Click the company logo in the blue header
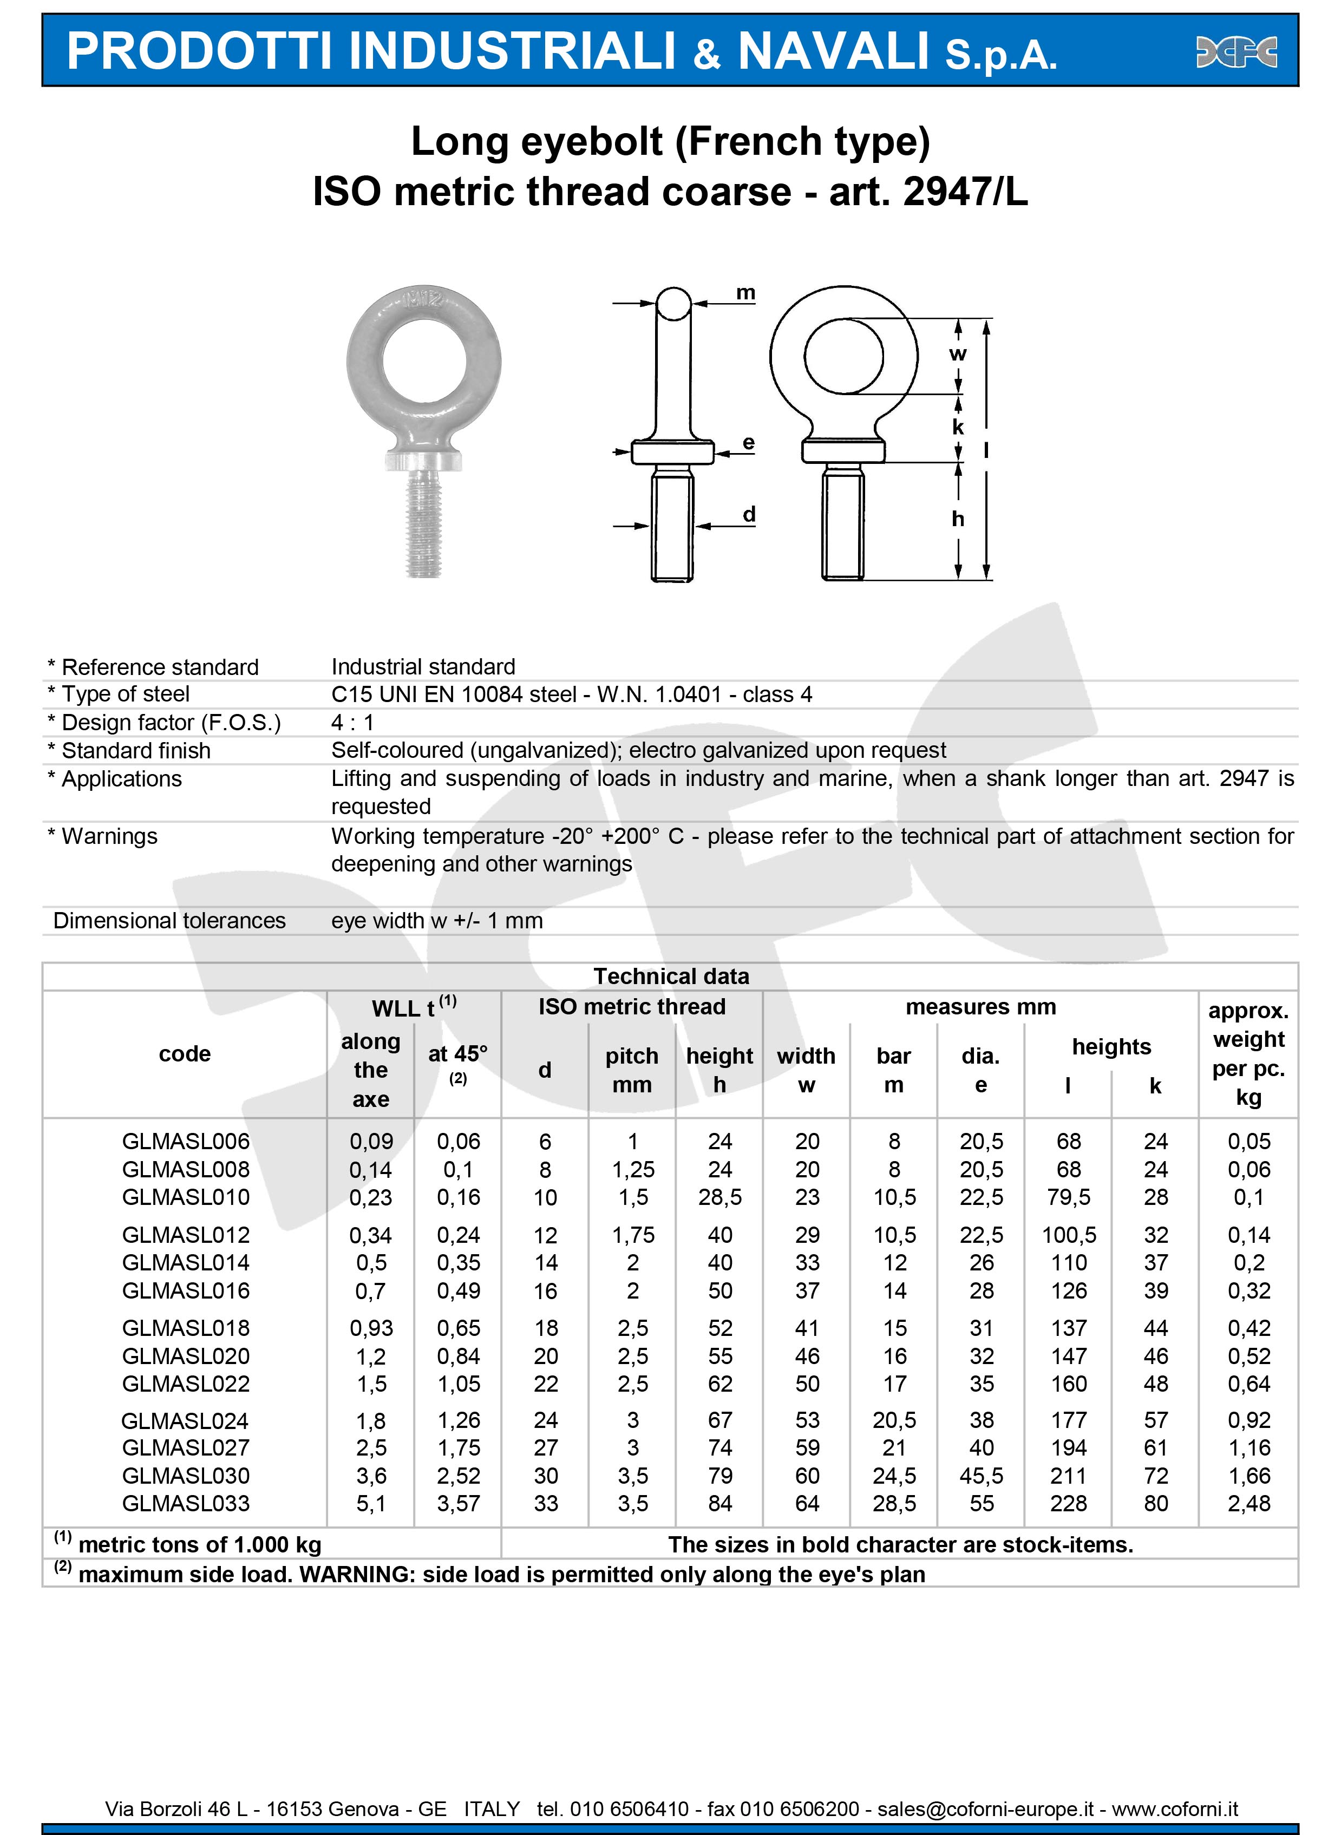1237,52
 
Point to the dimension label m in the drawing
745,292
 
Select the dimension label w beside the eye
958,354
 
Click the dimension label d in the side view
748,514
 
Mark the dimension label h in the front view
958,519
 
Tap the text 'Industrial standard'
423,666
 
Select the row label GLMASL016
186,1290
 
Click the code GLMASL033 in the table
186,1503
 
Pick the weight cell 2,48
1248,1503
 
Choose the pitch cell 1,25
632,1170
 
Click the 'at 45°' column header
458,1053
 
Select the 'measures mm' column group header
980,1007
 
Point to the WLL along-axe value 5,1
371,1503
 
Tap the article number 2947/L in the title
965,192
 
